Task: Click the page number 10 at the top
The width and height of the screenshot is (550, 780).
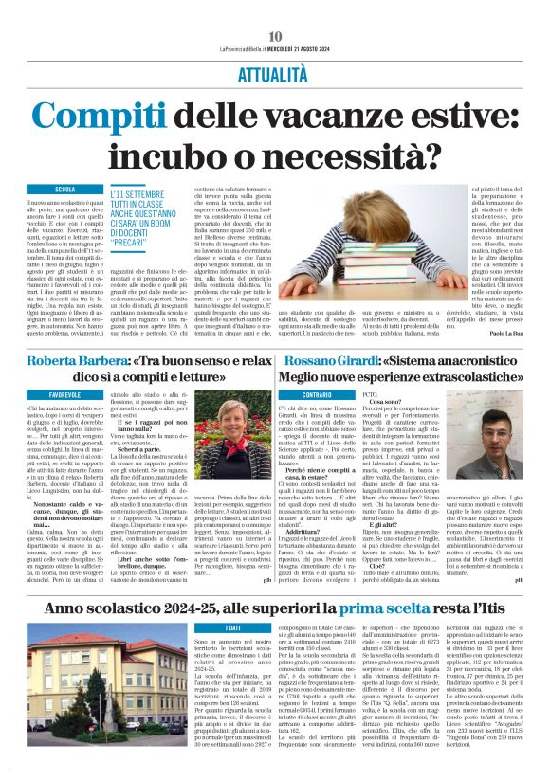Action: pyautogui.click(x=275, y=9)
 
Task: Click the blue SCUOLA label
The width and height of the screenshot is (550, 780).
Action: pyautogui.click(x=65, y=190)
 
